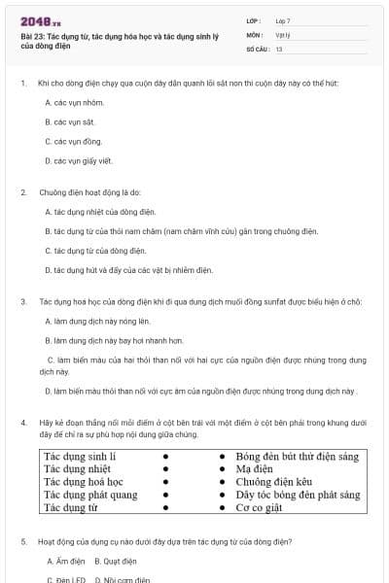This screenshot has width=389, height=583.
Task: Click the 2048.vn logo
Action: tap(40, 21)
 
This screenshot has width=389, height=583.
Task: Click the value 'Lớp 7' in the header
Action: tap(283, 20)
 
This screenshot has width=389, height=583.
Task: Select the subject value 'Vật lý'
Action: tap(282, 34)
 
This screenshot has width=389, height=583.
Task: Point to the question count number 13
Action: tap(279, 48)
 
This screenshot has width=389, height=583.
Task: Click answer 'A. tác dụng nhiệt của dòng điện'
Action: tap(100, 211)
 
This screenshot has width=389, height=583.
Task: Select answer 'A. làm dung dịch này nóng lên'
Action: tap(97, 321)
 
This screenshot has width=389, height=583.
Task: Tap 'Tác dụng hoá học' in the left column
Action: tap(84, 481)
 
